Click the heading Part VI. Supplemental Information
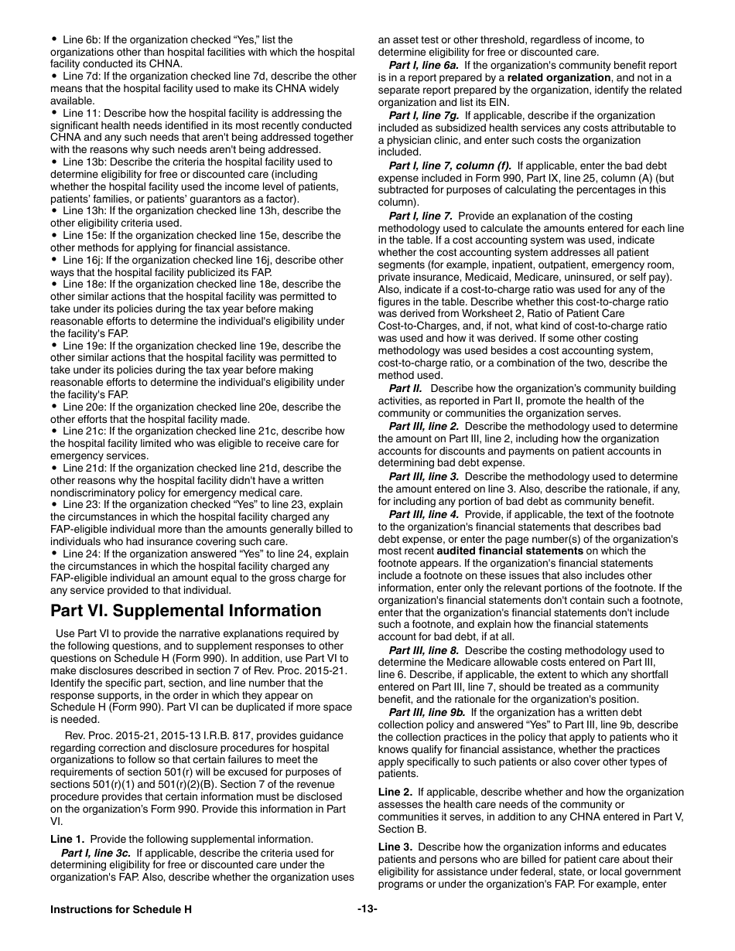[186, 611]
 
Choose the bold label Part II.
[405, 388]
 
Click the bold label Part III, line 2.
[423, 426]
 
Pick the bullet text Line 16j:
[84, 260]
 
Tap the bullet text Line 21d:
[85, 468]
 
